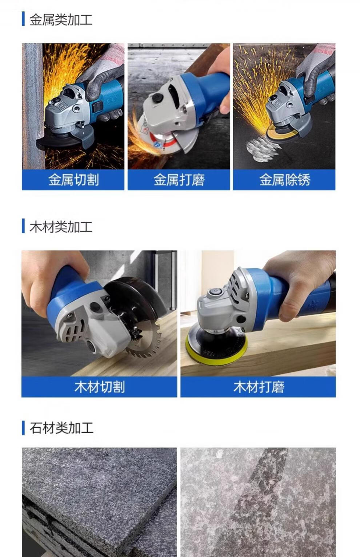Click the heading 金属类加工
click(x=61, y=20)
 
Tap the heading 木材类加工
click(x=61, y=226)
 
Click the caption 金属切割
click(x=73, y=180)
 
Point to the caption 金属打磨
click(x=179, y=180)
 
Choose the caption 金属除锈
click(x=285, y=180)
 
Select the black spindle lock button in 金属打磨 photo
click(x=158, y=97)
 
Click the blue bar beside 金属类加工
click(x=23, y=19)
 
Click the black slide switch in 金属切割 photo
click(x=98, y=106)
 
